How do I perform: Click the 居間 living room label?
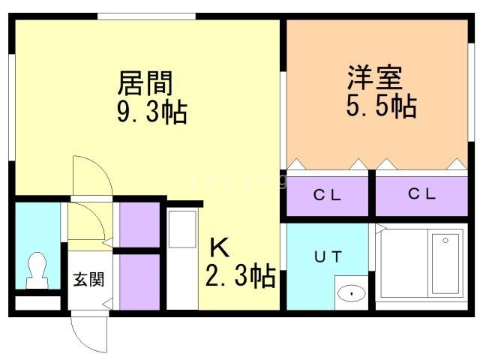coord(145,83)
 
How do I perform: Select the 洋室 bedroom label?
coord(375,77)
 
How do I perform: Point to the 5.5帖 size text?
coord(382,106)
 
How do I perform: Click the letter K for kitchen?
coord(219,248)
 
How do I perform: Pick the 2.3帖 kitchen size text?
coord(241,276)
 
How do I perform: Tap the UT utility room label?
coord(328,256)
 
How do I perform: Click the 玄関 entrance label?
coord(88,279)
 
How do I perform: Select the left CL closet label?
coord(327,195)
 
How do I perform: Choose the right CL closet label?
coord(421,193)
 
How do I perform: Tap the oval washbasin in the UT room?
coord(352,293)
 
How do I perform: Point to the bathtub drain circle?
coord(445,241)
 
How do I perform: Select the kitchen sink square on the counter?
coord(182,229)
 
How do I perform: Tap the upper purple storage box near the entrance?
coord(139,224)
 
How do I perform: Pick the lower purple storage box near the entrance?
coord(139,282)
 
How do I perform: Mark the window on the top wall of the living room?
coord(147,16)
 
